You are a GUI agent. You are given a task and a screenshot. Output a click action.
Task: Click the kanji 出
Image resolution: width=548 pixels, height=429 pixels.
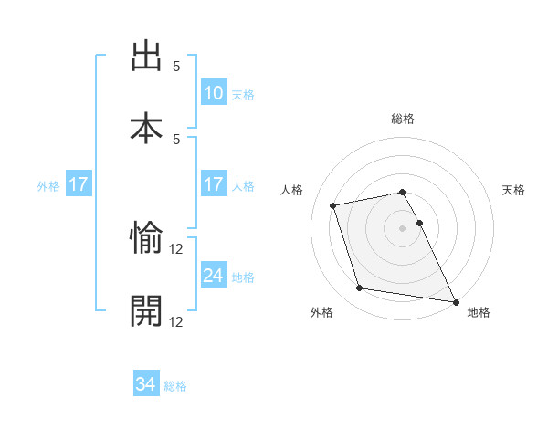(x=146, y=57)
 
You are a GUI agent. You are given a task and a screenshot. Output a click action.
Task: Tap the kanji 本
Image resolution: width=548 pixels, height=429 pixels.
(x=146, y=129)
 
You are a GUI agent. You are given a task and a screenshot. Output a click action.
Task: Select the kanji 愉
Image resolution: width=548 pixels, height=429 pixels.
(x=146, y=239)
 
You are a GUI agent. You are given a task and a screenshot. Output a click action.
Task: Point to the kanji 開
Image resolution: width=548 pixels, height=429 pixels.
(x=146, y=311)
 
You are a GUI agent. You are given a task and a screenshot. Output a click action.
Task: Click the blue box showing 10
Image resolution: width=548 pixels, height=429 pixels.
(x=214, y=92)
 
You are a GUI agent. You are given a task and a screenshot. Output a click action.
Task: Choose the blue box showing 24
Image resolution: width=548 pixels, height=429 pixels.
(x=214, y=275)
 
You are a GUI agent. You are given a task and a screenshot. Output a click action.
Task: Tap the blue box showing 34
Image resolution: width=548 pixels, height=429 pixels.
(x=146, y=384)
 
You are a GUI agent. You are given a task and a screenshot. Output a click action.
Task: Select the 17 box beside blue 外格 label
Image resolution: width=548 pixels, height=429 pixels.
(x=79, y=184)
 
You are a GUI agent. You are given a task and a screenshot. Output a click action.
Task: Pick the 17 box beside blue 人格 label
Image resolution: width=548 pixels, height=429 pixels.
(x=214, y=184)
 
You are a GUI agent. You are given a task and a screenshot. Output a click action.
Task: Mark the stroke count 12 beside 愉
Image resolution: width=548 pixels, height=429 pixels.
(x=177, y=249)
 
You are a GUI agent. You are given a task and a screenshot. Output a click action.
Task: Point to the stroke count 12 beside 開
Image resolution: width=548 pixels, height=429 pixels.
(x=177, y=321)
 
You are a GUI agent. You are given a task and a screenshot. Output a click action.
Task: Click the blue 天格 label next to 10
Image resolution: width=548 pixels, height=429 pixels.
(x=243, y=95)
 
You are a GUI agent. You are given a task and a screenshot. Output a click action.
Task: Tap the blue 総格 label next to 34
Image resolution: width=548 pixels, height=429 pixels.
(x=175, y=387)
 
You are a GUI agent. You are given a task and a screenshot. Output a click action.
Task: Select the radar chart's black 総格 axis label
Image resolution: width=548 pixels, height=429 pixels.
(x=403, y=119)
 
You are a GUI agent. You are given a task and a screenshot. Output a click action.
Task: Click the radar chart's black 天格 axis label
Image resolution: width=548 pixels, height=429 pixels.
(x=514, y=190)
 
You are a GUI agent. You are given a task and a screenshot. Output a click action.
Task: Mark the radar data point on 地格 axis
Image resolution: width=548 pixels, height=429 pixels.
(x=455, y=300)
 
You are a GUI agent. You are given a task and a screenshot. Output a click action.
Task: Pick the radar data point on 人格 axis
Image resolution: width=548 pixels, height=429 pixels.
(x=333, y=204)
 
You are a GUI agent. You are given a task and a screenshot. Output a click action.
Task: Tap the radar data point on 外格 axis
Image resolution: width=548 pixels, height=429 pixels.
(x=360, y=288)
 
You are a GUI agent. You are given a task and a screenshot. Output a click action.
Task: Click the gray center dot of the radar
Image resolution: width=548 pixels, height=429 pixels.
(x=403, y=227)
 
